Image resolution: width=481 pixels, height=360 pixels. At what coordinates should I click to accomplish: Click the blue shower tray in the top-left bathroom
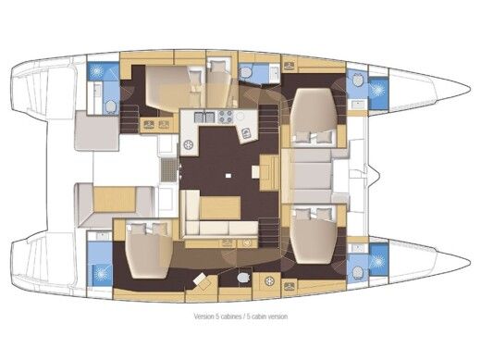pos(97,71)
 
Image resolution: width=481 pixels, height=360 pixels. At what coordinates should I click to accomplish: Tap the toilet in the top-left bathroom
pos(111,106)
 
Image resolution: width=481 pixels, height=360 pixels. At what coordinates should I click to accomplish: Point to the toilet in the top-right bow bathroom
pos(357,82)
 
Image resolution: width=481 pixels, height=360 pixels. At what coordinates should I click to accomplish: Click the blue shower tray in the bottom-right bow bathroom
pos(377,262)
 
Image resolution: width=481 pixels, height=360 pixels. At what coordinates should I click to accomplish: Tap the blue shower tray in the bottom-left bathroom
pos(99,273)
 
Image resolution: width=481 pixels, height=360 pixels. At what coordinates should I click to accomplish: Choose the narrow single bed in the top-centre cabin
pos(218,83)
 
